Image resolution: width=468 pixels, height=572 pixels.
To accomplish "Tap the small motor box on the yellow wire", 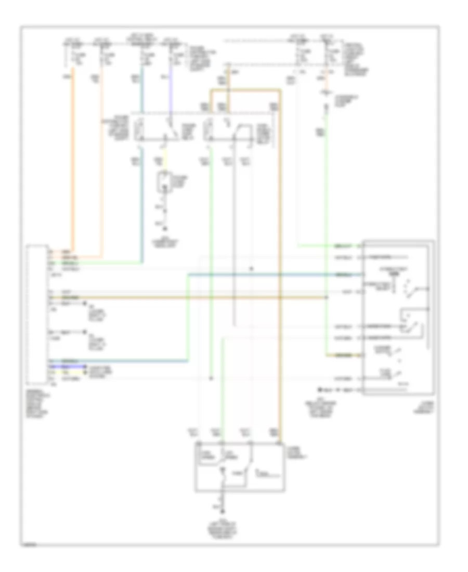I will pyautogui.click(x=166, y=183).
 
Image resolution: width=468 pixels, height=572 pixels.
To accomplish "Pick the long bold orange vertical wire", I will pyautogui.click(x=73, y=156).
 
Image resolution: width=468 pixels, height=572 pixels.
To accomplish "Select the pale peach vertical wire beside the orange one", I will pyautogui.click(x=102, y=156).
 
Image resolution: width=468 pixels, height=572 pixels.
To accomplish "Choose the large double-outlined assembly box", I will pyautogui.click(x=398, y=317).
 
